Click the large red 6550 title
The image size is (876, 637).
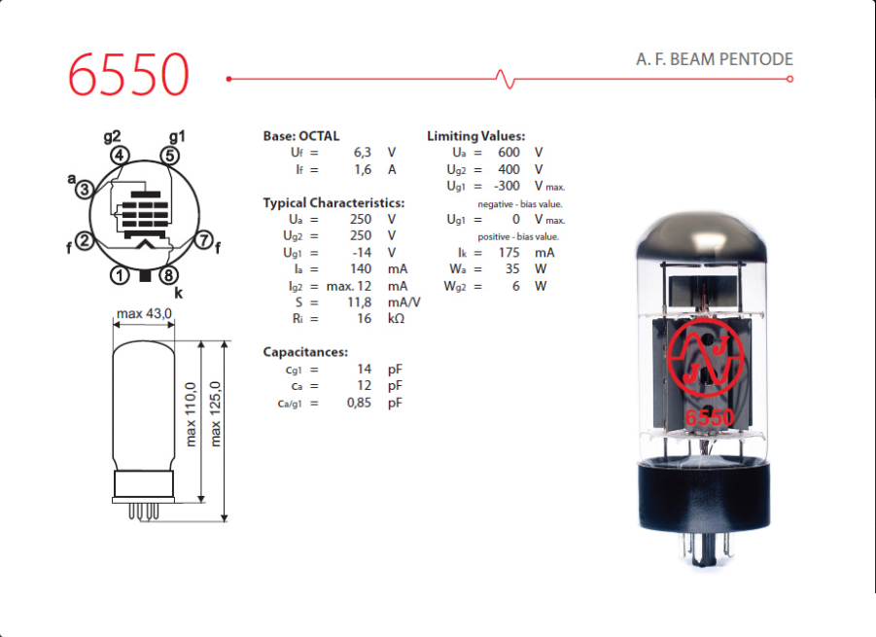(x=128, y=74)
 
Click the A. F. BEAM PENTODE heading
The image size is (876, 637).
(x=714, y=59)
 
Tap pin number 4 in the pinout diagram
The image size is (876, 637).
(x=120, y=156)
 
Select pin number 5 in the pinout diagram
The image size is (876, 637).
(x=170, y=156)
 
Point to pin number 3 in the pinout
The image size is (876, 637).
(x=85, y=190)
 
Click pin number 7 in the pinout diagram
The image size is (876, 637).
(x=204, y=240)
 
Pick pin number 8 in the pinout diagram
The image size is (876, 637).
(x=169, y=275)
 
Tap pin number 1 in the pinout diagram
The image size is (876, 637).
(x=120, y=275)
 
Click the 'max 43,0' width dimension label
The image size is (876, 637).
(x=144, y=313)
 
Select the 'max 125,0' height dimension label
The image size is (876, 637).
(x=215, y=413)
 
